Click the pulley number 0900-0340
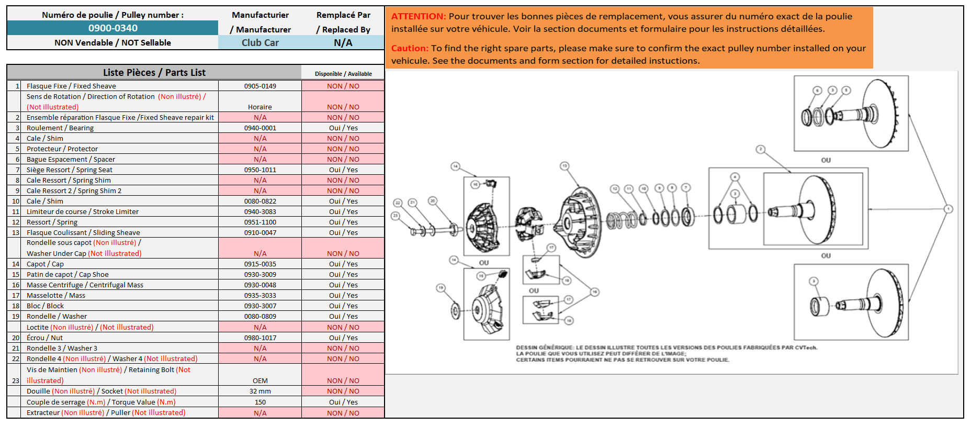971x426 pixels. tap(112, 28)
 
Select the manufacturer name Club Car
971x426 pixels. tap(260, 43)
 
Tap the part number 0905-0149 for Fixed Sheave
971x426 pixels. tap(260, 86)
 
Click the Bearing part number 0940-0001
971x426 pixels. tap(260, 128)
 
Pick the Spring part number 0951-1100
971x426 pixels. tap(260, 222)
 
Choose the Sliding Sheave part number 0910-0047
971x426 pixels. tap(260, 232)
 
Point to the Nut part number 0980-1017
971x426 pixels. tap(260, 338)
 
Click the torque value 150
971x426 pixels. tap(260, 402)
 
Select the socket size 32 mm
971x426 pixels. tap(260, 391)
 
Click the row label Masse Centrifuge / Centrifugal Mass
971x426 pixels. tap(85, 285)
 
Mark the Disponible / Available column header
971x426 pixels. tap(343, 74)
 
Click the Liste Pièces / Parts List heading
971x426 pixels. tap(154, 72)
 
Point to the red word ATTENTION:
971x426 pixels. tap(419, 16)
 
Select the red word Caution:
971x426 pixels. tap(410, 48)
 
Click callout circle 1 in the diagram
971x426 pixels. tap(948, 209)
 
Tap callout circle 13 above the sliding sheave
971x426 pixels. tap(564, 166)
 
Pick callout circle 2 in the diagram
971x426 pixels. tap(761, 149)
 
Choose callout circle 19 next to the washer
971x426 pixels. tap(441, 288)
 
